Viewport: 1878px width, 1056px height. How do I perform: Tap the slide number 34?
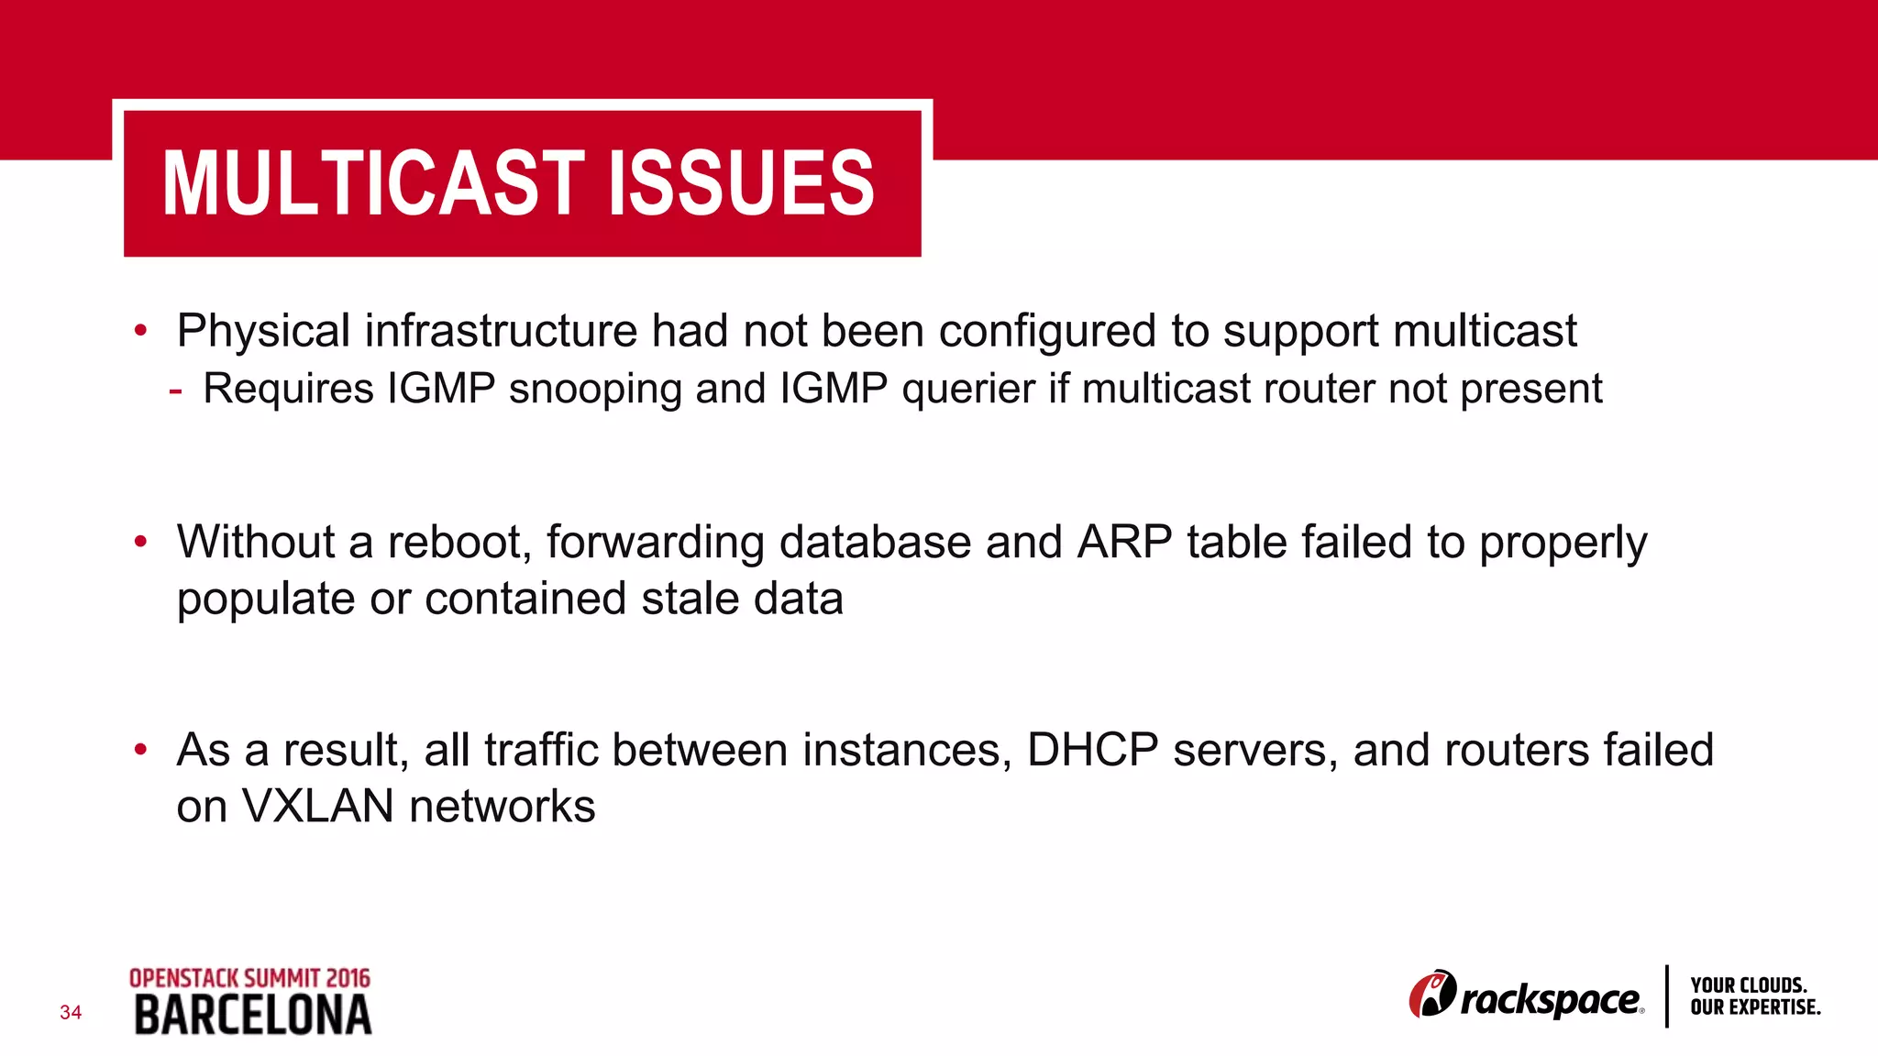coord(71,1013)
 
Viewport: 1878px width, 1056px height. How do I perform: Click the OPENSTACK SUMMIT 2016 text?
coord(249,978)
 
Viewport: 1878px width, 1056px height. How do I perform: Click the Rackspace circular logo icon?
coord(1431,995)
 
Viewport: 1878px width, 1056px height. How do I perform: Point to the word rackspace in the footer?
coord(1550,999)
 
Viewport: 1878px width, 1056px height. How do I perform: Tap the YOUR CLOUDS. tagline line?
coord(1749,985)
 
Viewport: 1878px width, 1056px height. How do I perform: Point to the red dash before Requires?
coord(175,390)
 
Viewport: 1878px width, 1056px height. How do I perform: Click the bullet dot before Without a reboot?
coord(140,542)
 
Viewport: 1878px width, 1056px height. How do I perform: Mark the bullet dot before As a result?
coord(140,750)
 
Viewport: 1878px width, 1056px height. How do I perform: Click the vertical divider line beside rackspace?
coord(1666,996)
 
